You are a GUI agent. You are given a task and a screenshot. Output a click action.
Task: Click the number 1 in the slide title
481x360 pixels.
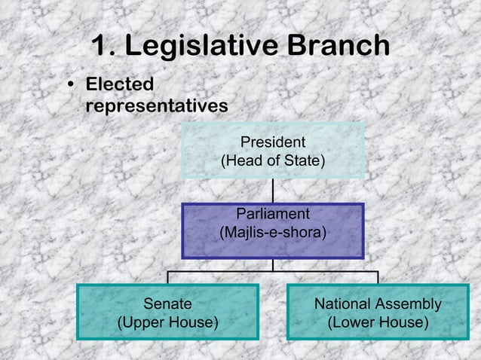101,47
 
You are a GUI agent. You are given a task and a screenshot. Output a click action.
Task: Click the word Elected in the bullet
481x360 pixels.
120,84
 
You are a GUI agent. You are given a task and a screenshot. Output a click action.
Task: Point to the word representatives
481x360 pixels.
157,106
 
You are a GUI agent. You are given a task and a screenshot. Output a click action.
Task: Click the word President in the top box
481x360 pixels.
273,142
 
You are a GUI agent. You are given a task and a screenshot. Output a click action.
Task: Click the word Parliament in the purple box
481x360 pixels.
273,214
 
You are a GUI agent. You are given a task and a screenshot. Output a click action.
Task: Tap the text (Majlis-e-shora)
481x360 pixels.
273,233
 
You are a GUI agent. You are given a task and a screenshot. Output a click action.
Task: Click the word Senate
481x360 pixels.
167,304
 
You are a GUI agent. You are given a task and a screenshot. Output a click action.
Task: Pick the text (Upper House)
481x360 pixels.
167,322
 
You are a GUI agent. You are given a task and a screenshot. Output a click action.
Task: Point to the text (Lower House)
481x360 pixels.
378,322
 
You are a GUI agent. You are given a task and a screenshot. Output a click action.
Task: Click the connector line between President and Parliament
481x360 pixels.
273,191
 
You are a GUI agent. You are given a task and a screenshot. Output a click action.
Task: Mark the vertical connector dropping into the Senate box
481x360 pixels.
167,277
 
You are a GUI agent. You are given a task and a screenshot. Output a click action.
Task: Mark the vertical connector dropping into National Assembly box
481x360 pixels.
378,277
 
